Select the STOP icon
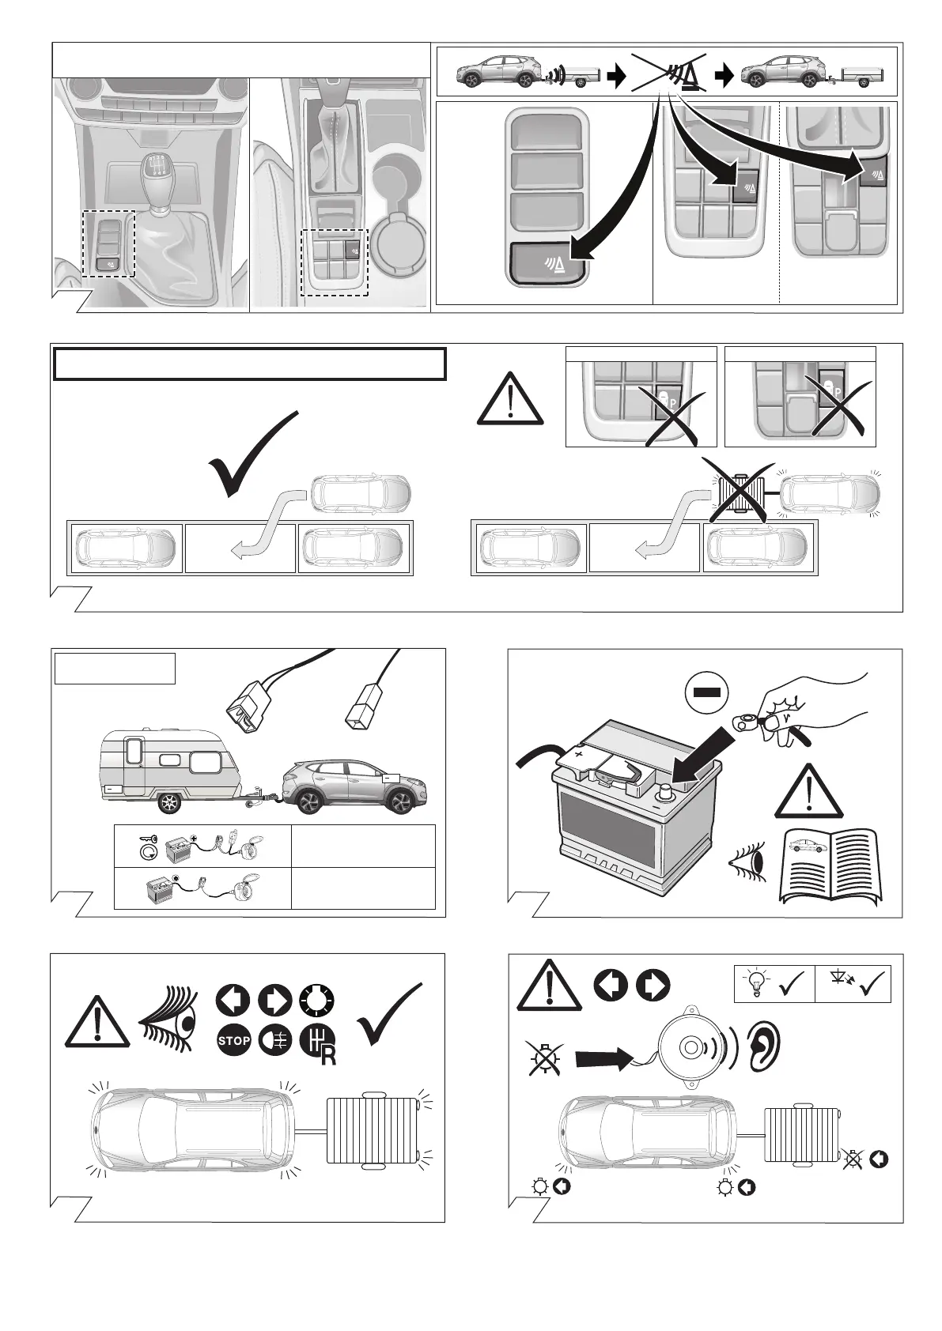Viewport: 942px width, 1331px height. [x=233, y=1041]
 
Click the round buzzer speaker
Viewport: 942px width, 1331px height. [x=690, y=1047]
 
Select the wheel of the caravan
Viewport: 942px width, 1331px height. [x=168, y=803]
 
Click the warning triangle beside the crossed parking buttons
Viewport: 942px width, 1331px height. [x=511, y=400]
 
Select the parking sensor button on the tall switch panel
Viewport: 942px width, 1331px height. [x=548, y=261]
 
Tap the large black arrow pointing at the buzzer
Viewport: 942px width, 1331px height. [x=605, y=1058]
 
